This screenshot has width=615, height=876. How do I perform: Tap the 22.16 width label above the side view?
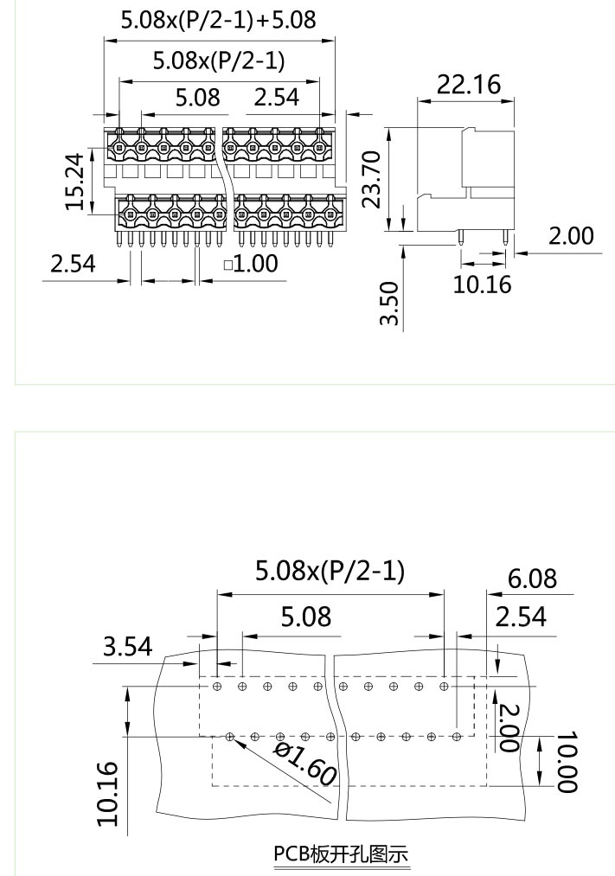pyautogui.click(x=468, y=84)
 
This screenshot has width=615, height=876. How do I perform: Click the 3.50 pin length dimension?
pyautogui.click(x=390, y=304)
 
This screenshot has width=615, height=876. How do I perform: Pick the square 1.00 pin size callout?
pyautogui.click(x=251, y=263)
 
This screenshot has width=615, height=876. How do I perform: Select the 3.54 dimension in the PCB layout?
pyautogui.click(x=127, y=646)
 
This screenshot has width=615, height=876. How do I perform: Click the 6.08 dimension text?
pyautogui.click(x=532, y=578)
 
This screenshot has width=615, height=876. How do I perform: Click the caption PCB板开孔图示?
pyautogui.click(x=341, y=854)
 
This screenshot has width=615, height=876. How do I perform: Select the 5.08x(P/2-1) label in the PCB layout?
pyautogui.click(x=330, y=570)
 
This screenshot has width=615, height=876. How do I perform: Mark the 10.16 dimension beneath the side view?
pyautogui.click(x=482, y=283)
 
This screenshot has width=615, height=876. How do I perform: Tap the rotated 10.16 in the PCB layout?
pyautogui.click(x=107, y=793)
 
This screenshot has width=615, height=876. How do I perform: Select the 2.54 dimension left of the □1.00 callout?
pyautogui.click(x=73, y=263)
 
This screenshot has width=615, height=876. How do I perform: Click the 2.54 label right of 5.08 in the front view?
pyautogui.click(x=276, y=97)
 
